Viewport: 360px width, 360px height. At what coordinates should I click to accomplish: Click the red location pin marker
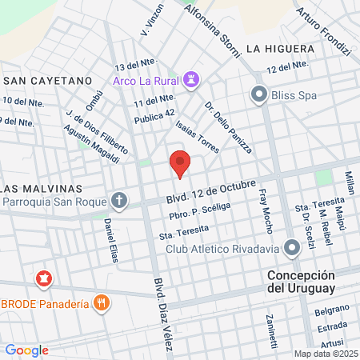(x=181, y=163)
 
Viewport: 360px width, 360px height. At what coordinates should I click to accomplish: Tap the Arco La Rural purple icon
(x=190, y=79)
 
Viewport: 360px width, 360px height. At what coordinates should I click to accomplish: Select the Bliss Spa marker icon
(x=258, y=95)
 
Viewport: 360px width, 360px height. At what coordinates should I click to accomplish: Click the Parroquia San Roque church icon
(x=119, y=199)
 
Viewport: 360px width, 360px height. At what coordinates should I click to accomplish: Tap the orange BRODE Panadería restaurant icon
(x=101, y=302)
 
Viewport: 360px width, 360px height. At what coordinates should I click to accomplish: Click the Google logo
(x=26, y=350)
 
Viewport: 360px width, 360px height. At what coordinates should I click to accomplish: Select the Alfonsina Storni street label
(x=212, y=29)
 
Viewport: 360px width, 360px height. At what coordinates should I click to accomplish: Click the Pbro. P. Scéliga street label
(x=199, y=211)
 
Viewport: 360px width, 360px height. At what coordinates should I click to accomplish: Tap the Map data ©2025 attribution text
(x=325, y=354)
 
